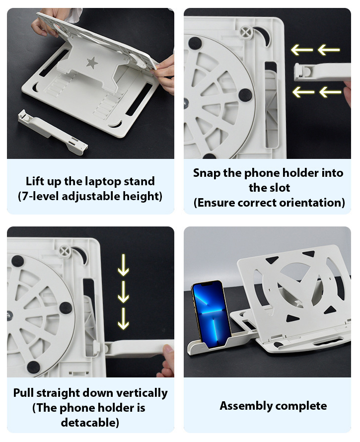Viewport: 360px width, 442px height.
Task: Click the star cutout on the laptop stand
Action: click(x=92, y=63)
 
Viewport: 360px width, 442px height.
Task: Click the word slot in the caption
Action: click(x=280, y=188)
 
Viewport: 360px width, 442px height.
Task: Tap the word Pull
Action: click(x=24, y=393)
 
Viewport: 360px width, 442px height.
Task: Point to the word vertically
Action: click(x=142, y=393)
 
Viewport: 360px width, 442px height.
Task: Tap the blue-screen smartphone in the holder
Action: click(x=212, y=311)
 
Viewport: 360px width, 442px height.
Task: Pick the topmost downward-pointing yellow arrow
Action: click(x=123, y=265)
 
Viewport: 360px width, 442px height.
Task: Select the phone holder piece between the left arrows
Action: click(x=322, y=72)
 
